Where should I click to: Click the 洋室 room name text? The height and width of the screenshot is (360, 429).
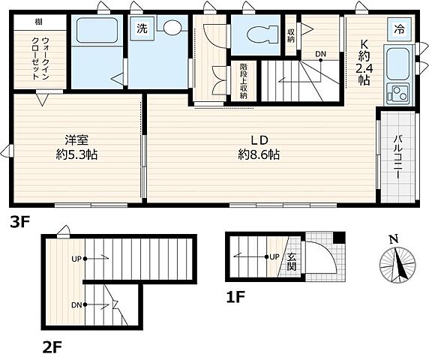(x=76, y=139)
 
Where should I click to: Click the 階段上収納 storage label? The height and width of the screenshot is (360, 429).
(x=244, y=80)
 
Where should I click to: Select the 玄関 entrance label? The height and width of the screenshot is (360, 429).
(x=292, y=261)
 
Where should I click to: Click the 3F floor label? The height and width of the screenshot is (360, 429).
(x=20, y=221)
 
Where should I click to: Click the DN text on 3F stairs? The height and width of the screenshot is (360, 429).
(x=320, y=53)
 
